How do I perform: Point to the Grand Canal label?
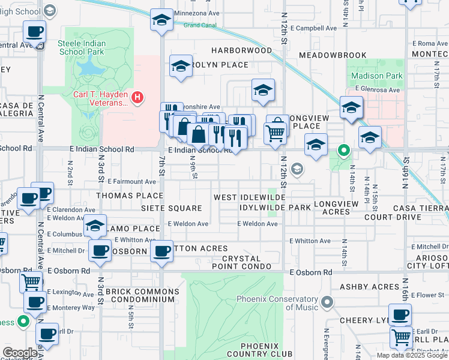coord(199,25)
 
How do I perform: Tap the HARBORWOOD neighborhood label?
coord(241,50)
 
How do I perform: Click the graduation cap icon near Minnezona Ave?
coord(161,20)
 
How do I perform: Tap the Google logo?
coord(20,352)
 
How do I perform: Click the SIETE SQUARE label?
coord(171,208)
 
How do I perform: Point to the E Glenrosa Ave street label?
coord(377,90)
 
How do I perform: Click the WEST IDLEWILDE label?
coord(249,197)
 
